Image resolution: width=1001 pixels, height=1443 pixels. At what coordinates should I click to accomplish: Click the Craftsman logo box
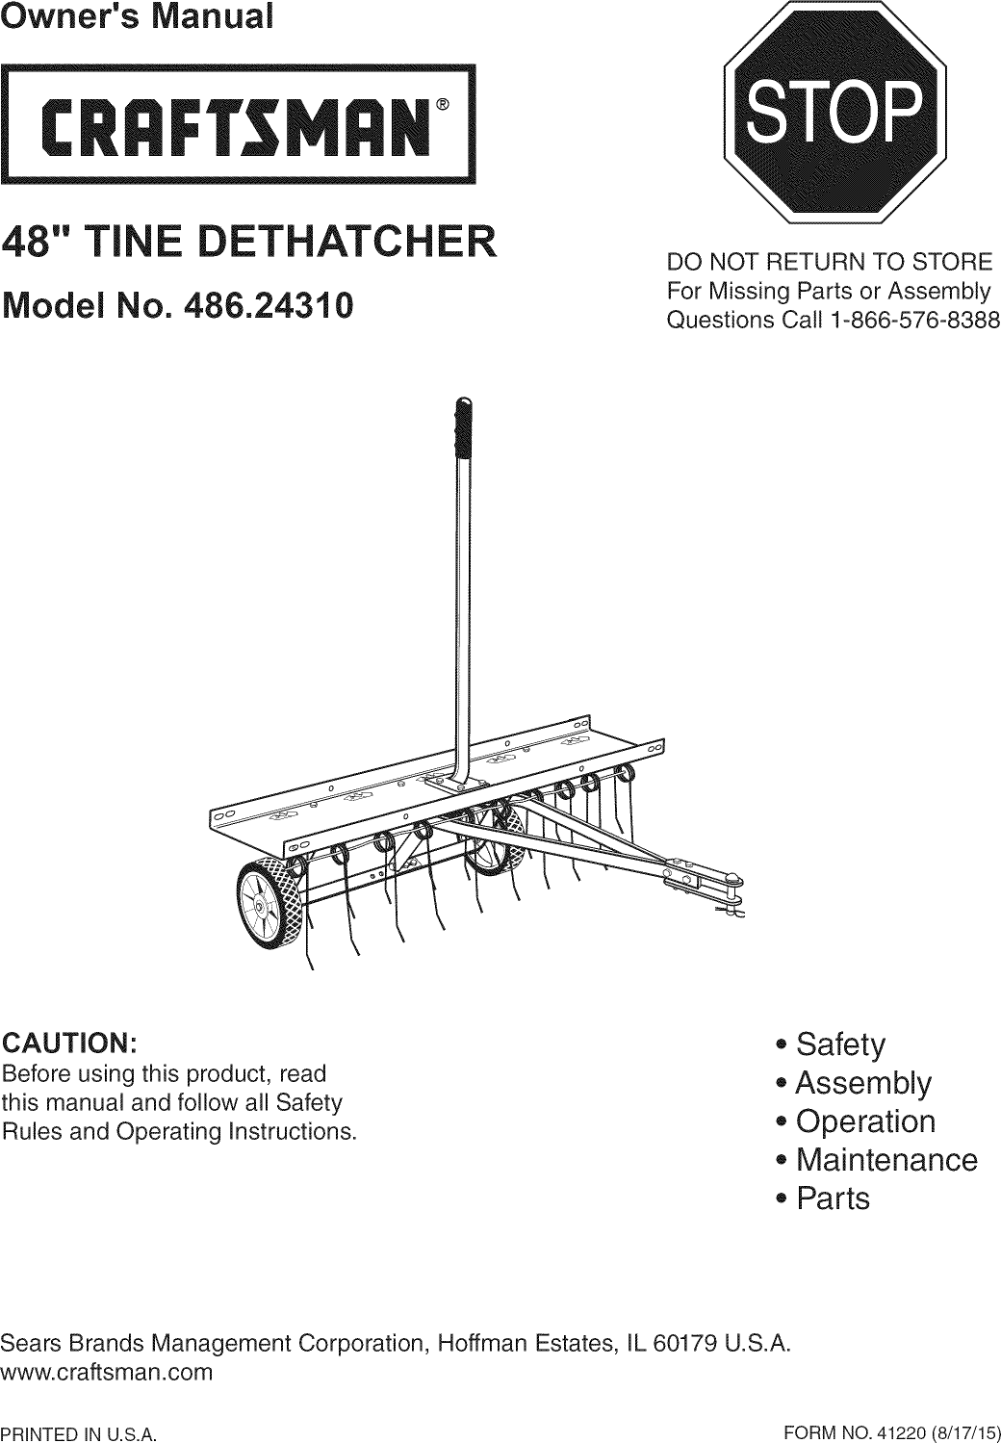[x=239, y=122]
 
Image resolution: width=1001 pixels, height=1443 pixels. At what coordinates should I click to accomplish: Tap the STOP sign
[x=834, y=112]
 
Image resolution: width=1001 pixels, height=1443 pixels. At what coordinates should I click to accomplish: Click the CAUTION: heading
[x=71, y=1044]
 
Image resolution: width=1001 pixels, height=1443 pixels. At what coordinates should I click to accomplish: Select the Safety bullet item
[x=840, y=1044]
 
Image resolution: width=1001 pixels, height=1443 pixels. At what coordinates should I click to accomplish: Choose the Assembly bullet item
[x=863, y=1083]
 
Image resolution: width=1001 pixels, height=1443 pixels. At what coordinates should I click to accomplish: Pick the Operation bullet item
[x=865, y=1121]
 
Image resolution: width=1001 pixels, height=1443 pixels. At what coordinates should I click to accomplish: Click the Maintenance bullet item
[x=886, y=1160]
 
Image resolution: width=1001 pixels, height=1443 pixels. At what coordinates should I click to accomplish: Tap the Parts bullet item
[x=833, y=1198]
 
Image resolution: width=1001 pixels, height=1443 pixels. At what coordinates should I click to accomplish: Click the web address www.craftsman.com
[x=107, y=1372]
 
